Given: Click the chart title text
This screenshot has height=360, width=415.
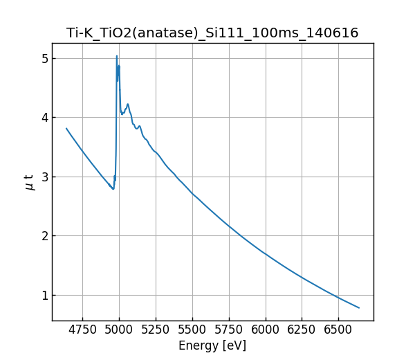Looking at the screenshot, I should pyautogui.click(x=212, y=33).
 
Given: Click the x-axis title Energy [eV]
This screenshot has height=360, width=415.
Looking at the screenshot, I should pyautogui.click(x=212, y=345).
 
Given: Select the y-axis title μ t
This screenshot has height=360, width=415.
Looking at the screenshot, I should pyautogui.click(x=29, y=182).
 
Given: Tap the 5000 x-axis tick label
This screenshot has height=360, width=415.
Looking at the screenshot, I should pyautogui.click(x=119, y=330).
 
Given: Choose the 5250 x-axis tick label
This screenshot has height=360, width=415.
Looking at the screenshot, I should pyautogui.click(x=156, y=330).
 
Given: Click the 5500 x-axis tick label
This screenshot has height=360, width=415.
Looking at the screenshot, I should pyautogui.click(x=192, y=330).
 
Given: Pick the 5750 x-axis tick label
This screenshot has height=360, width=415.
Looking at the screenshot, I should pyautogui.click(x=228, y=330).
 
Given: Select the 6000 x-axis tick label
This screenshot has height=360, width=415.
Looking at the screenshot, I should pyautogui.click(x=265, y=330).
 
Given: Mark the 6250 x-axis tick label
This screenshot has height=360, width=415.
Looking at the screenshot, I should pyautogui.click(x=302, y=330).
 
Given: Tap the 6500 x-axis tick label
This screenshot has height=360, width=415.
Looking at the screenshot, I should pyautogui.click(x=338, y=330).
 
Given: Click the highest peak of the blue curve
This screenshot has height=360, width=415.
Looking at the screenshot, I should pyautogui.click(x=117, y=56).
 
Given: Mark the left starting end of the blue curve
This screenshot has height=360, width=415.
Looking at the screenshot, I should pyautogui.click(x=66, y=128).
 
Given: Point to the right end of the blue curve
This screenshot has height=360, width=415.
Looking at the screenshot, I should pyautogui.click(x=359, y=307).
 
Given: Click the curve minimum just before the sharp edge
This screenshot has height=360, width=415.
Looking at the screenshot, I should pyautogui.click(x=113, y=189).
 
